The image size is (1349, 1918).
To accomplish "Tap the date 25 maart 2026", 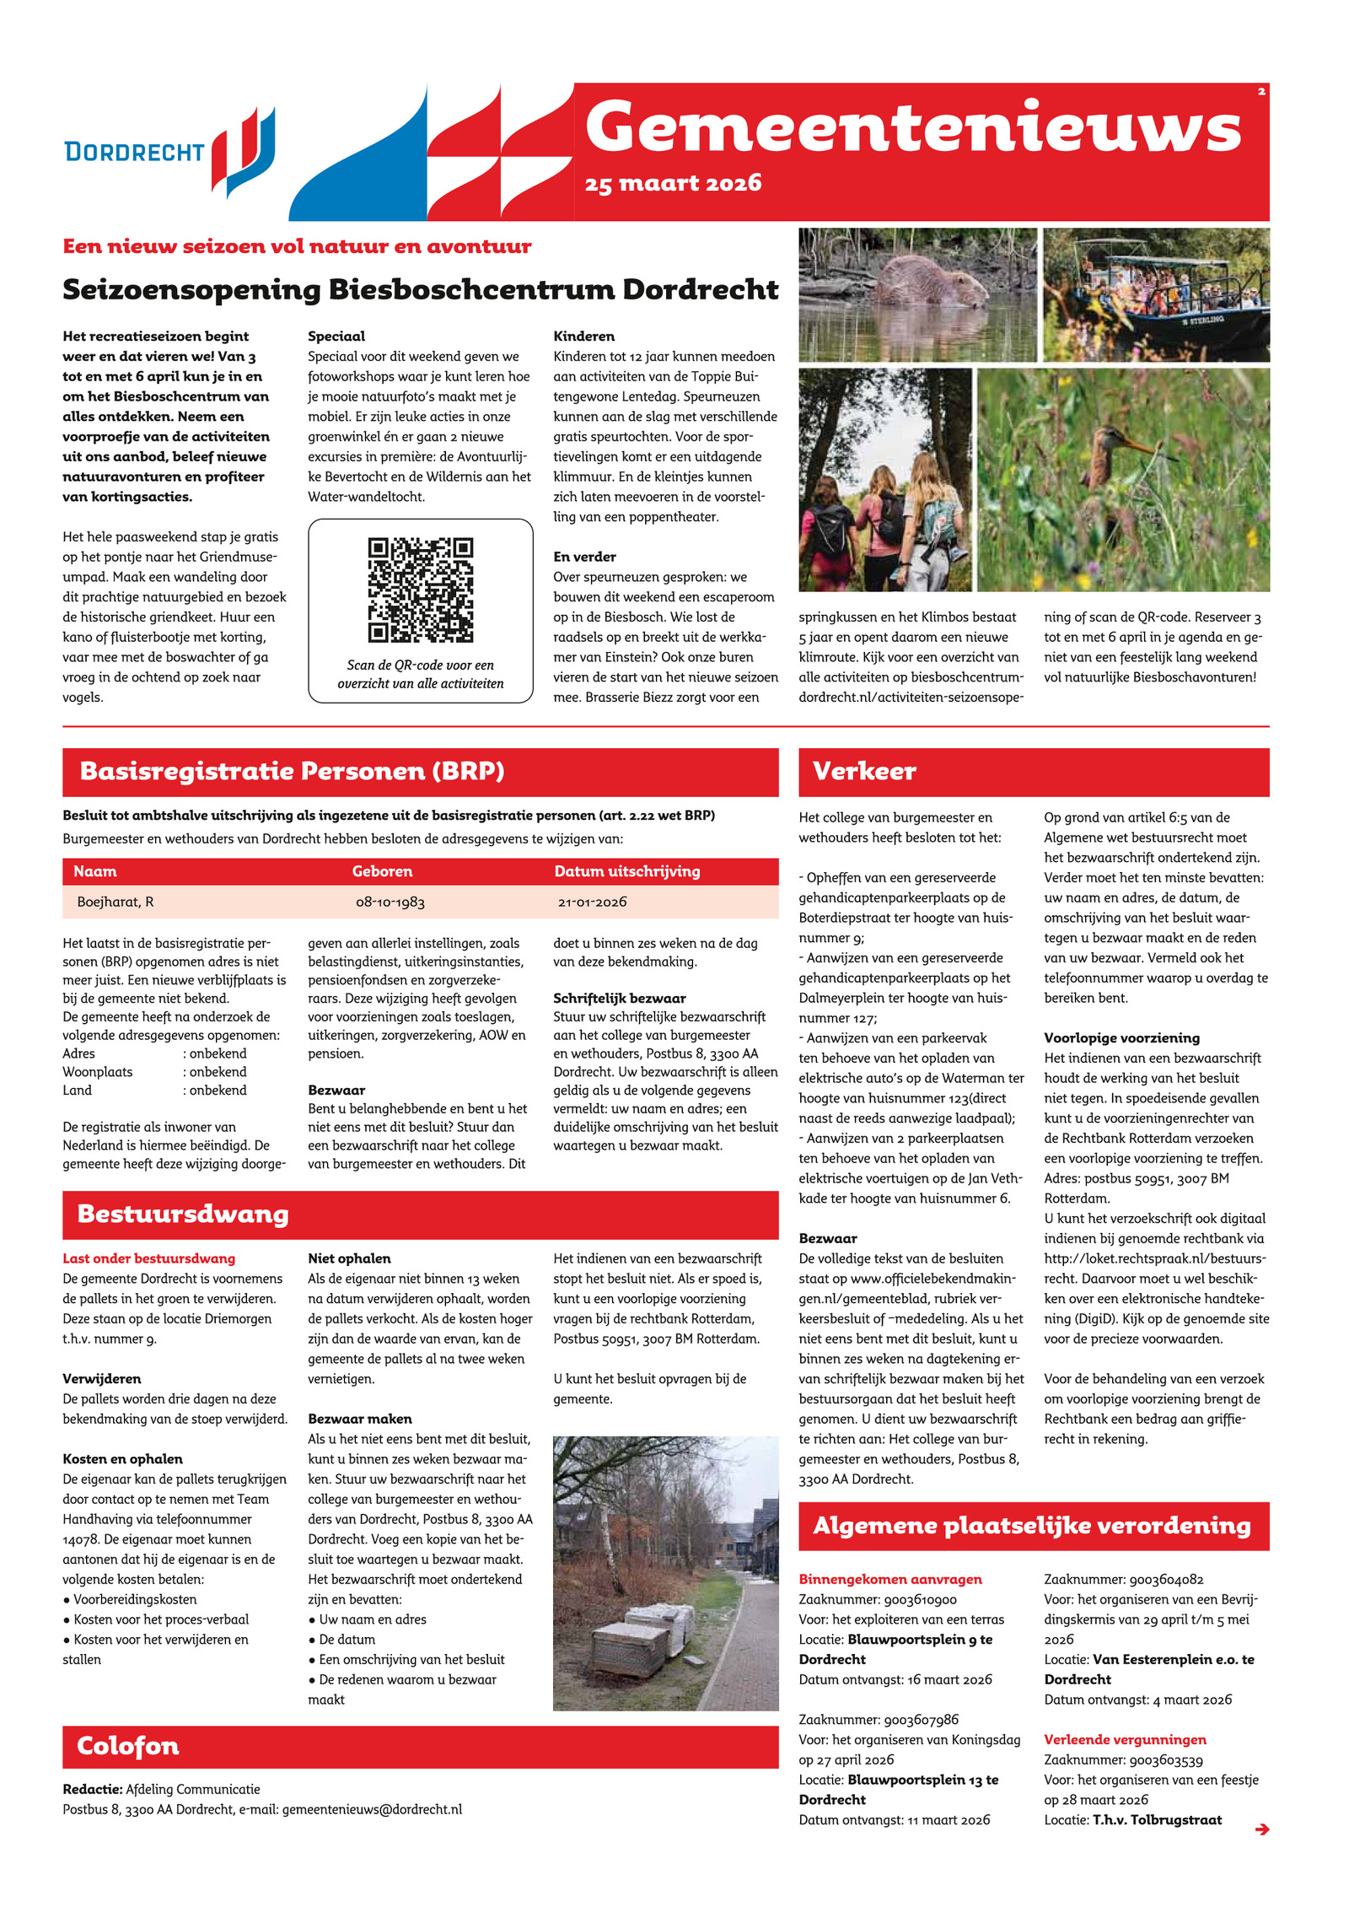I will click(673, 183).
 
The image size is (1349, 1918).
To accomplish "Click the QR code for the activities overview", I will click(420, 590).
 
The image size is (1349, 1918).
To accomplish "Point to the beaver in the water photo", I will click(927, 283).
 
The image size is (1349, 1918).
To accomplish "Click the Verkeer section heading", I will click(864, 771).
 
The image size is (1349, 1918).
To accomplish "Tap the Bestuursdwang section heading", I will click(183, 1214).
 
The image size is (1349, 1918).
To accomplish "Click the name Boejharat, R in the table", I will click(116, 902).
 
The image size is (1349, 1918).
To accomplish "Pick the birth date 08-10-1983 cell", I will click(390, 902).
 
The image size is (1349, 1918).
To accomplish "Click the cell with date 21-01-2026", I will click(592, 902).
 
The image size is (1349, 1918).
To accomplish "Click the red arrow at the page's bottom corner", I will click(1261, 1829).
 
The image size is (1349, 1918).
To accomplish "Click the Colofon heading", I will click(128, 1746).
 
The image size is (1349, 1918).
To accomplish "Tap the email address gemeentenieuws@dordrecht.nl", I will click(372, 1809).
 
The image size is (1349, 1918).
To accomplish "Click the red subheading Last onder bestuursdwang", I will click(148, 1258).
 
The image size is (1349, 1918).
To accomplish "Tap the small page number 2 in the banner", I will click(1260, 91).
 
